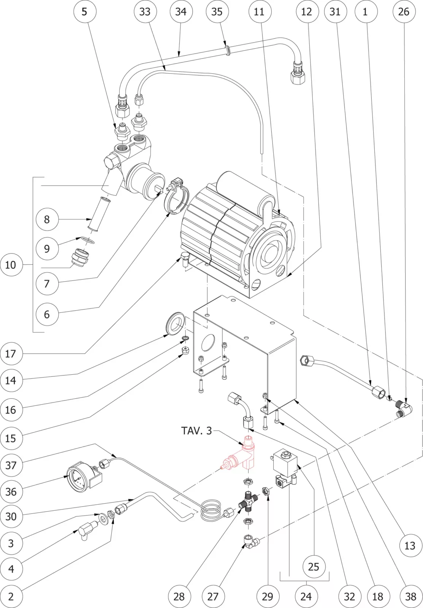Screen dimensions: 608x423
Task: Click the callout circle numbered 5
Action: tap(84, 11)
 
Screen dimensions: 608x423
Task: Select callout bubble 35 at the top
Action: tap(217, 11)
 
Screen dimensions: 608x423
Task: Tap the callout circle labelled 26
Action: tap(404, 11)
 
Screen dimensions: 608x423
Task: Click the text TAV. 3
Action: tap(196, 431)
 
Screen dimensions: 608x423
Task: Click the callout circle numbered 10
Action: tap(11, 264)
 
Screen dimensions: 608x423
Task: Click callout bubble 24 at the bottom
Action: tap(306, 596)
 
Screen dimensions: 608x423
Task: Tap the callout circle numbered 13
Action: tap(409, 546)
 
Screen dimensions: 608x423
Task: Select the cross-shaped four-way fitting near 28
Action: tap(247, 504)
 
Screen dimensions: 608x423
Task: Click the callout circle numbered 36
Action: tap(11, 492)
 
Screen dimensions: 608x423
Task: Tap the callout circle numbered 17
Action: tap(11, 354)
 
